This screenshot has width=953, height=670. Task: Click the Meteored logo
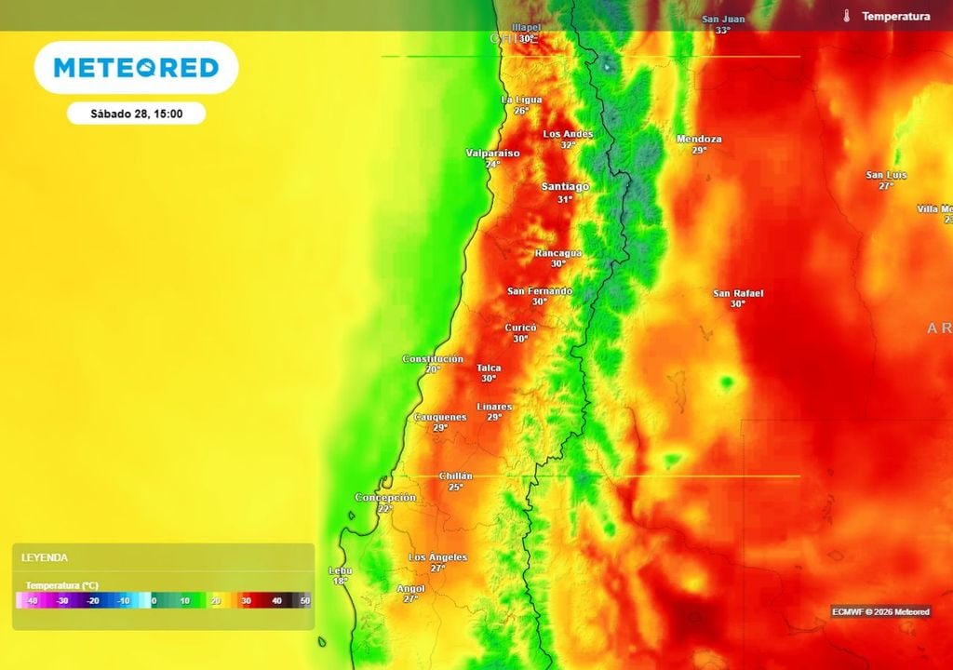click(x=136, y=68)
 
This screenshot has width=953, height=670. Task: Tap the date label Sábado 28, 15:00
click(x=136, y=114)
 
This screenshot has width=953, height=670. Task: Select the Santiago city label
click(x=565, y=187)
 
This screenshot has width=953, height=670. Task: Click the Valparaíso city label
click(x=492, y=153)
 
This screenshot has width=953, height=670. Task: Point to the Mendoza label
click(x=699, y=140)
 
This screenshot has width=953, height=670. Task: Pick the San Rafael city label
click(x=738, y=293)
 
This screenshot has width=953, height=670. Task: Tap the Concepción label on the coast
click(x=385, y=498)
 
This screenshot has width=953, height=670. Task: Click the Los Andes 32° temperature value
click(x=568, y=145)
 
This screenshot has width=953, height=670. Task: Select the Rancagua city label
click(x=558, y=253)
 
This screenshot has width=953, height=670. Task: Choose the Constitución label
click(x=433, y=359)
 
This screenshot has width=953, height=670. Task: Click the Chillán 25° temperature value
click(x=456, y=487)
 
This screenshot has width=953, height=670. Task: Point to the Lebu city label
click(x=341, y=570)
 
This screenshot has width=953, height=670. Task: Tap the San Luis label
click(x=886, y=175)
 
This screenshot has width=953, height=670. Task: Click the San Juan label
click(x=723, y=19)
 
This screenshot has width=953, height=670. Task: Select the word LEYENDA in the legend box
click(x=45, y=557)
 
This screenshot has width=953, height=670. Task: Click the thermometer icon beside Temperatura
click(x=847, y=16)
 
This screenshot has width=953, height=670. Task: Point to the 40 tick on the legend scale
click(x=276, y=601)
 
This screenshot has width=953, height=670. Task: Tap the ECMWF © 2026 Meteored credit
click(x=880, y=611)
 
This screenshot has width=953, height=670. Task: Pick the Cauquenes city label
click(x=440, y=417)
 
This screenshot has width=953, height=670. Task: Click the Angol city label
click(x=410, y=589)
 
